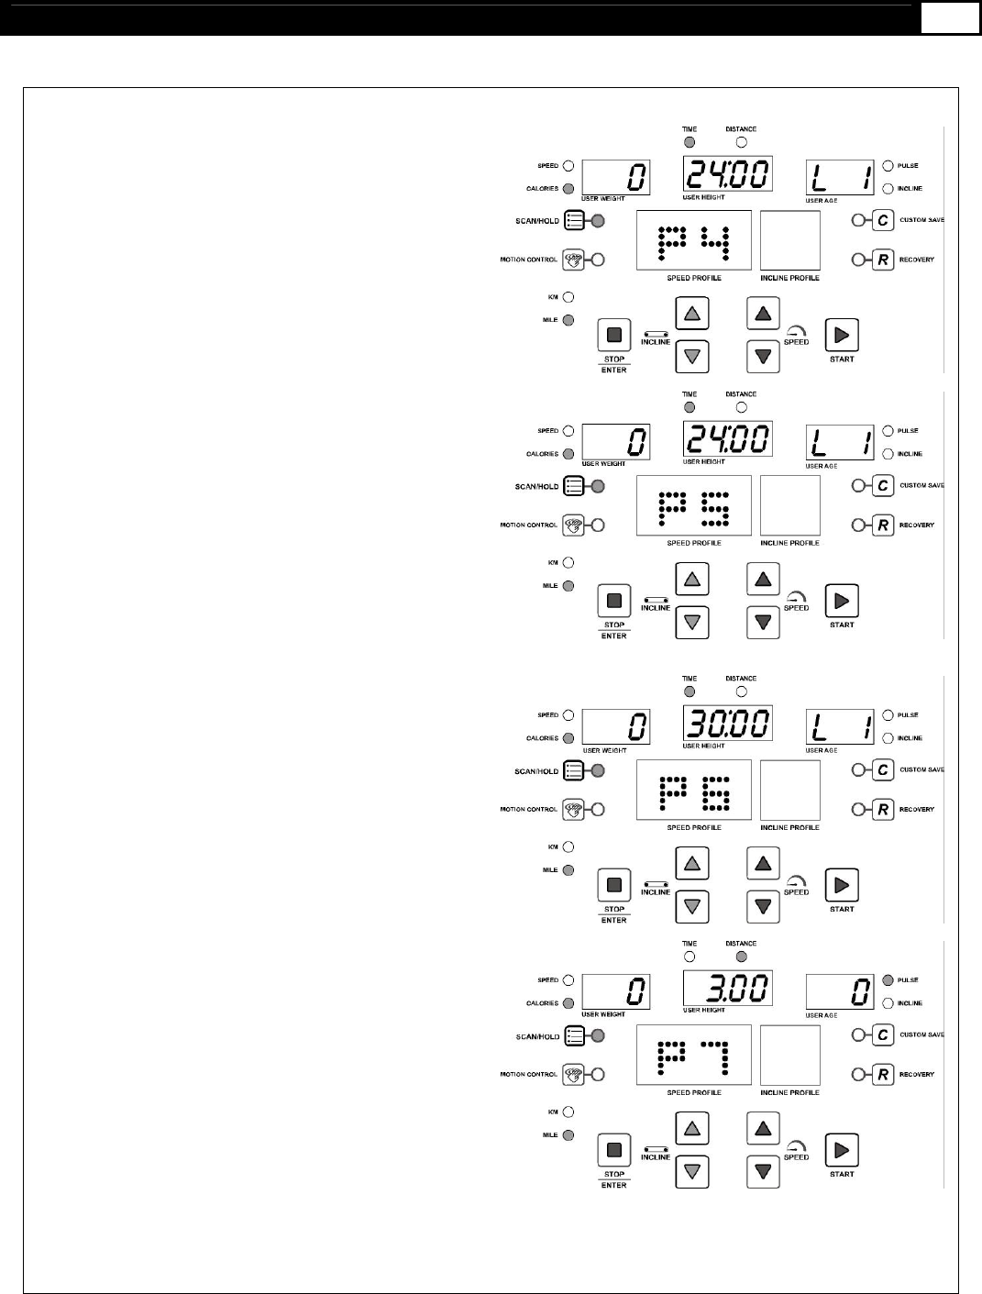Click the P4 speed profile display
point(694,241)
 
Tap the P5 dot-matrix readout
point(694,506)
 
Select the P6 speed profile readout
point(694,791)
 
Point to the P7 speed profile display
point(694,1056)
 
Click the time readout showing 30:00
point(727,724)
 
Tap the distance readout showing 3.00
point(727,990)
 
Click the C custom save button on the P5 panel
point(883,485)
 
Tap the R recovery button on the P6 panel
point(883,809)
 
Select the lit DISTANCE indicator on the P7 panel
point(742,957)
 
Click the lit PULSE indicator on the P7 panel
point(888,980)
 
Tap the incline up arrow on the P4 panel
point(692,314)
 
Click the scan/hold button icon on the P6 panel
point(574,770)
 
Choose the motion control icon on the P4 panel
point(573,260)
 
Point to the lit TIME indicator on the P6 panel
point(690,691)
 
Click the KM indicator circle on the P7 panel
point(568,1112)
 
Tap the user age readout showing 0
point(840,991)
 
